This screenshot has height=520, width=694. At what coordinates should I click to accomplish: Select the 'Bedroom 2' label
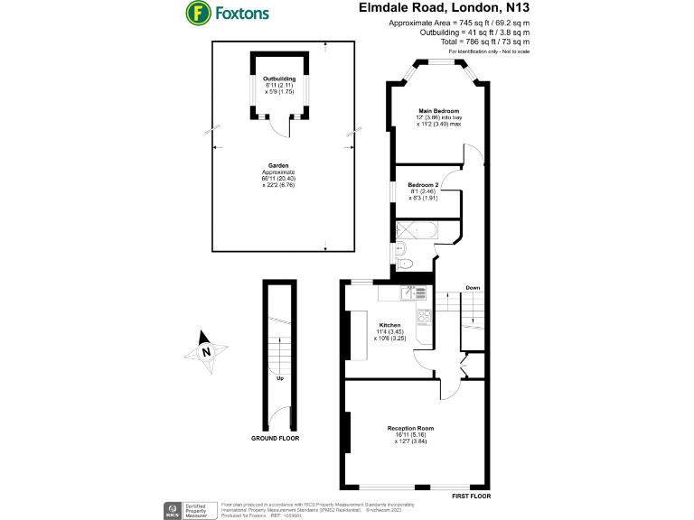click(424, 185)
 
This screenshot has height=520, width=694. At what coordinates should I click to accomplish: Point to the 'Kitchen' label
click(389, 325)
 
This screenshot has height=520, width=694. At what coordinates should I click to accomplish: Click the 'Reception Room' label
click(411, 428)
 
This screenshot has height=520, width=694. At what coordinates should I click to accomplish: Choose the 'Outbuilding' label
click(279, 79)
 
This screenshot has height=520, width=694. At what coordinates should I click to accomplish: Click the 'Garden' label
click(278, 166)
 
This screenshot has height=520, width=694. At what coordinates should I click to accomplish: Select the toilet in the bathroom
click(407, 264)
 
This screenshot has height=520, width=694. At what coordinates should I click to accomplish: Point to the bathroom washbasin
click(401, 247)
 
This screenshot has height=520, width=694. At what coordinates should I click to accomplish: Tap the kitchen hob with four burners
click(423, 317)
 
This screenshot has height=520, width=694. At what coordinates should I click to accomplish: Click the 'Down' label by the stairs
click(473, 288)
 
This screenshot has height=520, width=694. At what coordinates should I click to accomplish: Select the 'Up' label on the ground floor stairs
click(280, 377)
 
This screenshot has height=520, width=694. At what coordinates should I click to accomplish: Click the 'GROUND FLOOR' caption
click(275, 438)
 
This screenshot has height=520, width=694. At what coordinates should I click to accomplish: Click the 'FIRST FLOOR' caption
click(471, 497)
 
